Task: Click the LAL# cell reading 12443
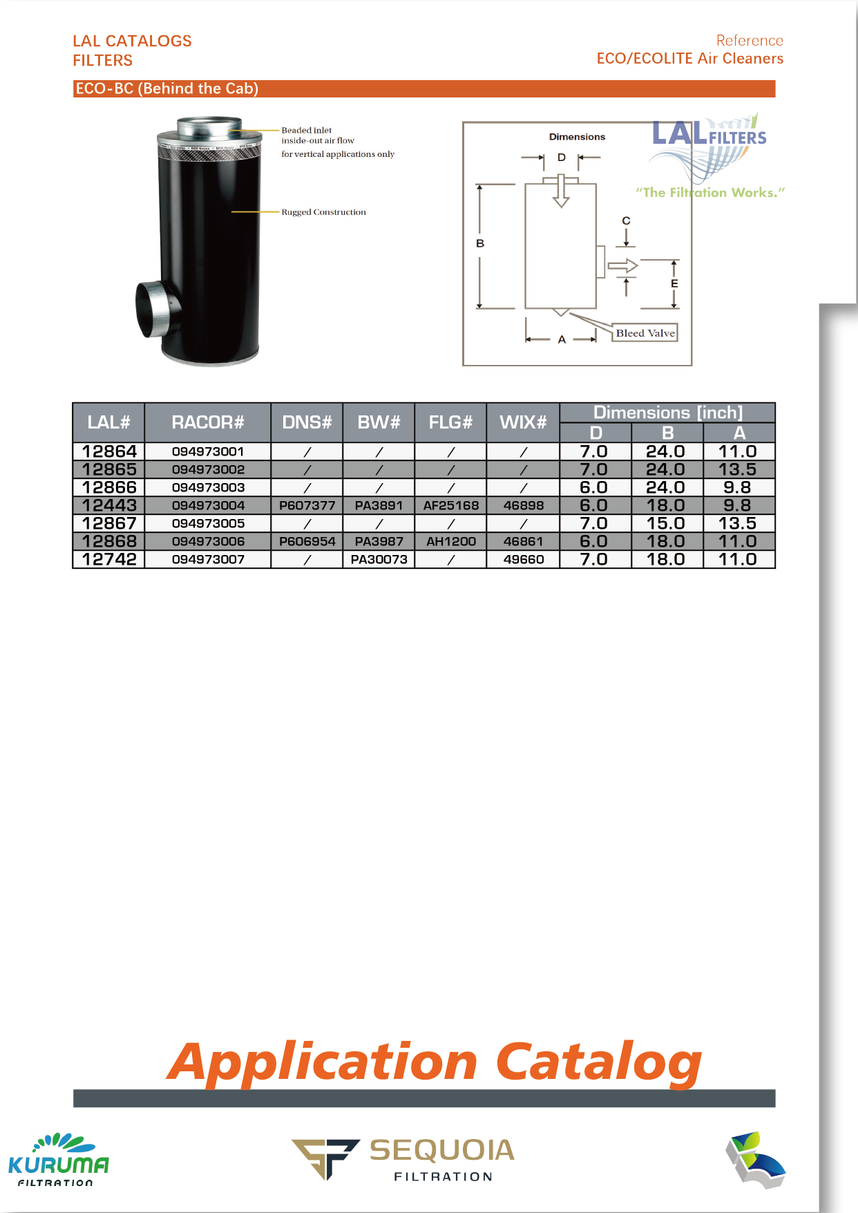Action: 109,505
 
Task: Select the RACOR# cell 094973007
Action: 208,559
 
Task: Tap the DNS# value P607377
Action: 307,505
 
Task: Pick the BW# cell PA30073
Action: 379,559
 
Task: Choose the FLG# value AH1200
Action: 451,541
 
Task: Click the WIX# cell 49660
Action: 524,559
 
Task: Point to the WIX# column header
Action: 523,422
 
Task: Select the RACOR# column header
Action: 208,422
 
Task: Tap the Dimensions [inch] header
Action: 668,413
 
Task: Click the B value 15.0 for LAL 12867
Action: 666,523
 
